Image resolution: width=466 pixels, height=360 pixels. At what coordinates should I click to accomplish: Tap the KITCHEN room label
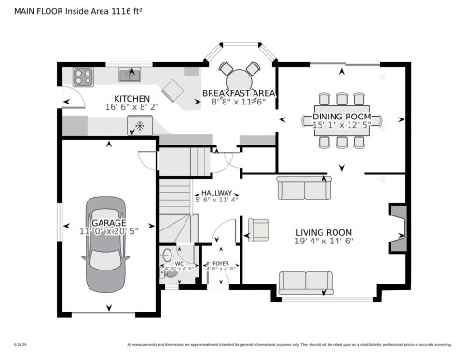pos(131,99)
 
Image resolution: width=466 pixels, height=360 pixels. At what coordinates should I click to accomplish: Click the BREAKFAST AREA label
pos(239,94)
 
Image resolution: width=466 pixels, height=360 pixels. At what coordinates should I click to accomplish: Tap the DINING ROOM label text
pos(341,116)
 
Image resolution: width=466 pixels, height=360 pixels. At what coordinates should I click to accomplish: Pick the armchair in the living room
pos(258,228)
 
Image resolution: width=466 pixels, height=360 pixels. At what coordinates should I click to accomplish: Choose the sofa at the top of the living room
pos(303,189)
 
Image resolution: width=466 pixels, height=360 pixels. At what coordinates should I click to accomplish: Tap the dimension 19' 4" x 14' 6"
pos(323,242)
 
